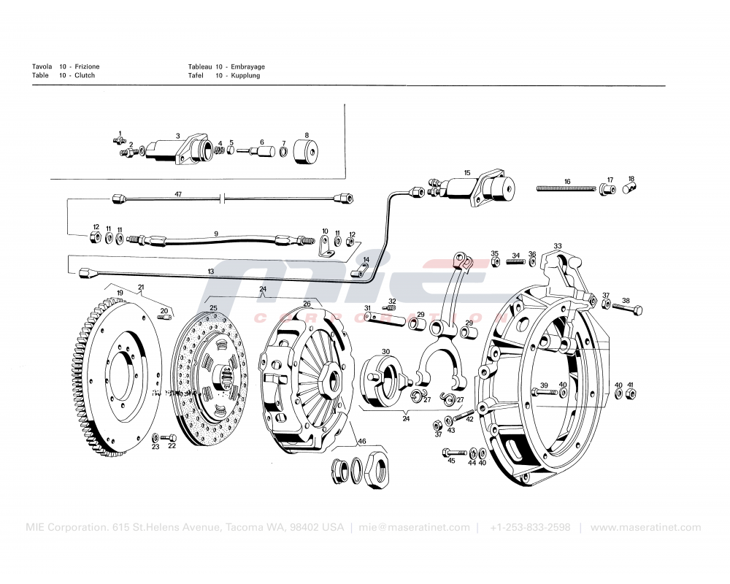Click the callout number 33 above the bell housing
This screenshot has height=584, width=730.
[558, 246]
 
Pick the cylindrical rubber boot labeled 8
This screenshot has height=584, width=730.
[307, 153]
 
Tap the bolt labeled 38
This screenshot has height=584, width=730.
[632, 310]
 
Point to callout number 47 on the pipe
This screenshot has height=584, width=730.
[177, 194]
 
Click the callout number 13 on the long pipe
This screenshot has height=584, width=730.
[210, 272]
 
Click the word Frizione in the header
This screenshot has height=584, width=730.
[87, 66]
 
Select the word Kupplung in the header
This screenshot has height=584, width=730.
[245, 75]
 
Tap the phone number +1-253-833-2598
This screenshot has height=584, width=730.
[530, 528]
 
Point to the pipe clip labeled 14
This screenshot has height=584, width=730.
[360, 273]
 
